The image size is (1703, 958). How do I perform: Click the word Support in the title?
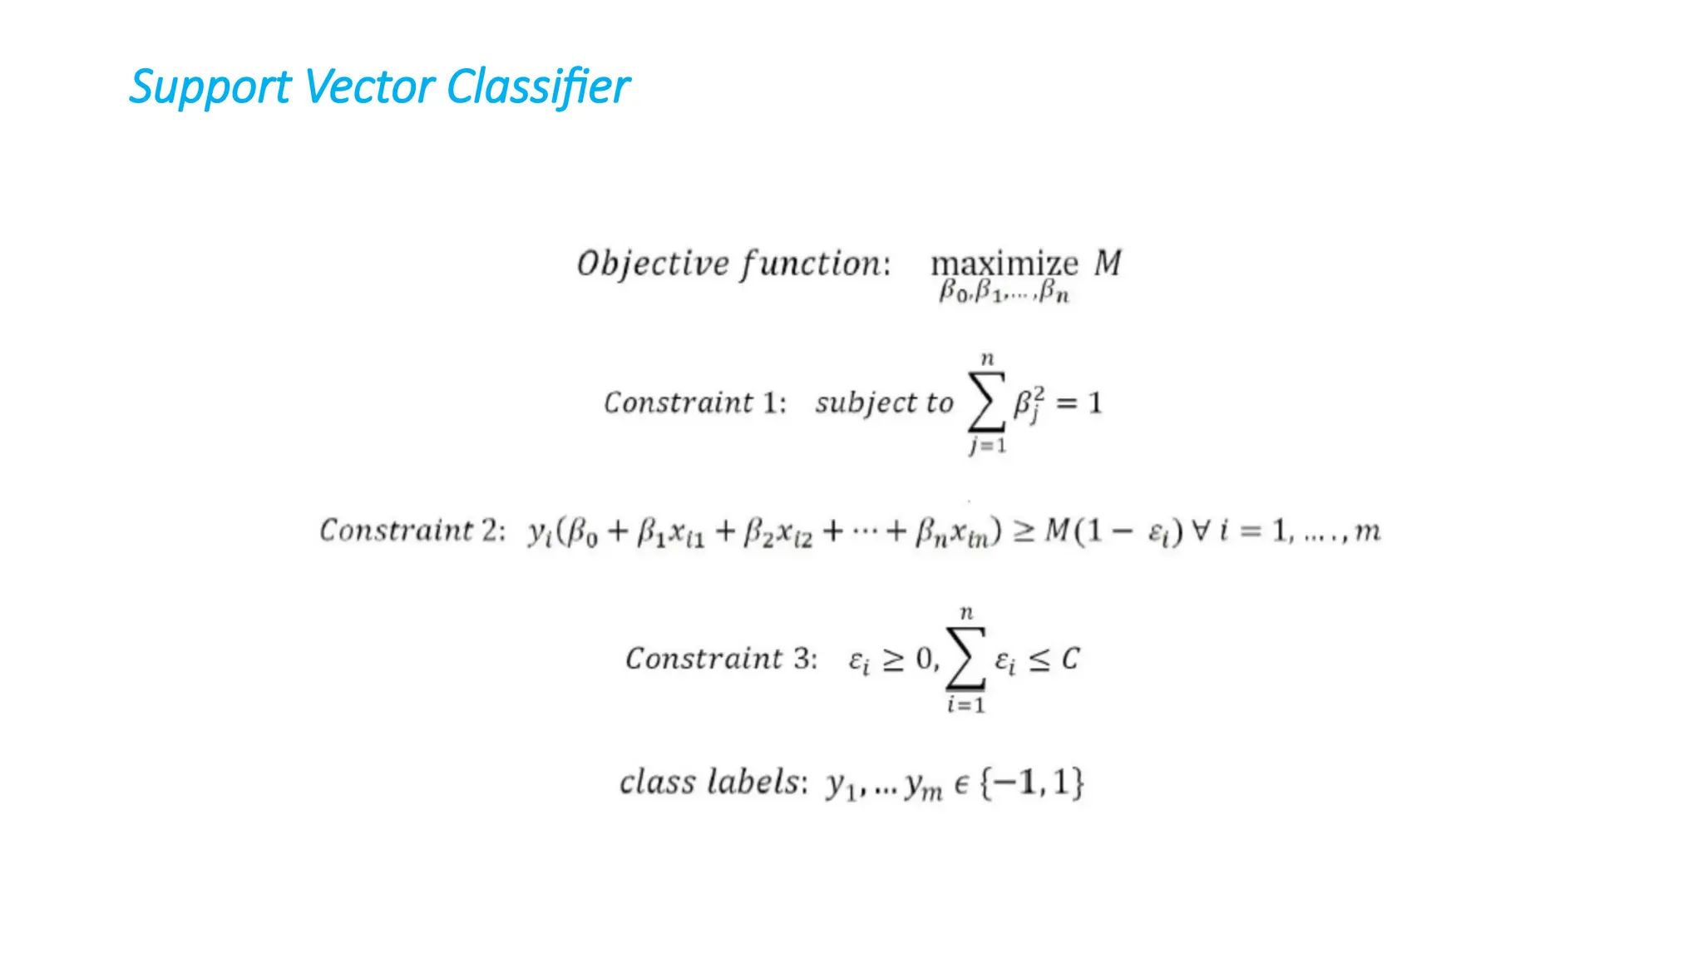[210, 87]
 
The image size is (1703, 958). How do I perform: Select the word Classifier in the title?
[538, 86]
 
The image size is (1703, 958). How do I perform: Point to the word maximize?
[1004, 264]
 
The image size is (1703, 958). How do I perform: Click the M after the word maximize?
[1107, 263]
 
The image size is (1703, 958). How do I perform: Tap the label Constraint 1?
[694, 402]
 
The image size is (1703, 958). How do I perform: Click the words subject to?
[883, 403]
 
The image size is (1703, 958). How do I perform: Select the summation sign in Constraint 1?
[987, 402]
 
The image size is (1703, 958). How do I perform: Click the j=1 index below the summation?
[987, 446]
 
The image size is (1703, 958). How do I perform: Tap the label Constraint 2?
[412, 531]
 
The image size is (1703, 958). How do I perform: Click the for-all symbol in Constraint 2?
[1201, 530]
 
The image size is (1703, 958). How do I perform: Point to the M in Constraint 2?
[1056, 530]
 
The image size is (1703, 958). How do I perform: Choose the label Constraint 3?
[721, 659]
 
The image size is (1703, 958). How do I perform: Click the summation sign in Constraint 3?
[965, 659]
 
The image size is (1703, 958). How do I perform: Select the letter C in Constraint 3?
[1070, 659]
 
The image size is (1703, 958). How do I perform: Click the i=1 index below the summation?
[965, 705]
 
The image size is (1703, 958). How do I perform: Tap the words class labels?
[712, 783]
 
